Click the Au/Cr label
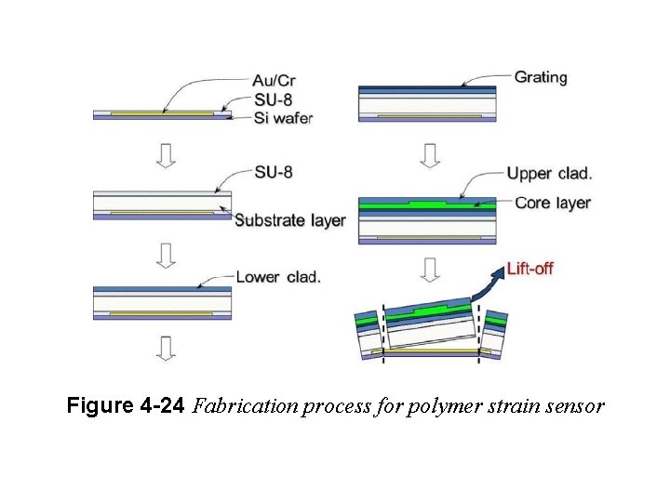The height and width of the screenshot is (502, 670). pos(275,81)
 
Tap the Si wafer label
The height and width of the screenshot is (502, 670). pos(283,117)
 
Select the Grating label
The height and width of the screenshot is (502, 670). pos(541,77)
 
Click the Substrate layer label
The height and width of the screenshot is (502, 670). pos(289,220)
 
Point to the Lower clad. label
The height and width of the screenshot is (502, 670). pos(278,276)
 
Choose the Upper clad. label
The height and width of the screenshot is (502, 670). pos(549,173)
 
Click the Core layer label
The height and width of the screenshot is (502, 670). pos(548,203)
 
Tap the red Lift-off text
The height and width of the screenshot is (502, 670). pos(529,269)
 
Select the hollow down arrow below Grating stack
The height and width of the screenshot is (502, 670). pos(429,153)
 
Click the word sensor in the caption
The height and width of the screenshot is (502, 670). pos(576,406)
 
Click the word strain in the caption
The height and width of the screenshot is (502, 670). pos(512,406)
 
